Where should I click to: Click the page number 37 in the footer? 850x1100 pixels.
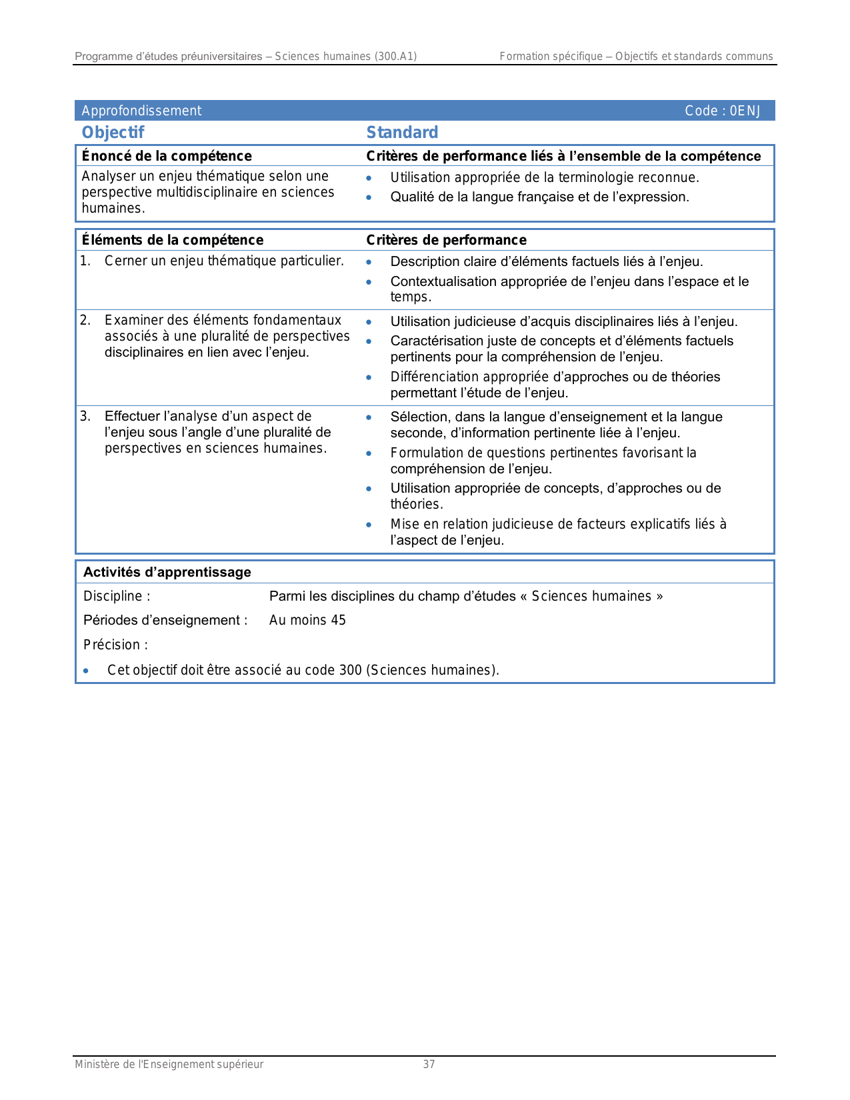tap(429, 1064)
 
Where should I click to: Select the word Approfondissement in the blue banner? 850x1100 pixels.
tap(141, 111)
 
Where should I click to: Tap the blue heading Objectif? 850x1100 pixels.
tap(113, 132)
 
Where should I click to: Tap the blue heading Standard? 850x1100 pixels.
tap(402, 132)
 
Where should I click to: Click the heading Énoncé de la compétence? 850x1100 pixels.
tap(167, 156)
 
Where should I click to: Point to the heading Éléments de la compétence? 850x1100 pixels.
tap(172, 240)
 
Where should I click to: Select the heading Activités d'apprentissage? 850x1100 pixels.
tap(167, 572)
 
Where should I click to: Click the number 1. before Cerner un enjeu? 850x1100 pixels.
tap(85, 261)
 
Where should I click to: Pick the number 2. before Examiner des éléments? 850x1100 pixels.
tap(85, 320)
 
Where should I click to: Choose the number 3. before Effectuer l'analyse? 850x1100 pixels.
tap(85, 416)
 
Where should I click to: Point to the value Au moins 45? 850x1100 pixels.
tap(307, 620)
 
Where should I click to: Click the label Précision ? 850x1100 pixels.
tap(115, 645)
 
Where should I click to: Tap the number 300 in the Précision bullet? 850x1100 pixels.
tap(350, 670)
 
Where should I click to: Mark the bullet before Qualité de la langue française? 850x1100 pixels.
tap(369, 197)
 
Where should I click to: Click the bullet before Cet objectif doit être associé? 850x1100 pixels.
tap(85, 670)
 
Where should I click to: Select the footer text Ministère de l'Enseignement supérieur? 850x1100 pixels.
tap(169, 1064)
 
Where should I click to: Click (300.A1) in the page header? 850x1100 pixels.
tap(395, 56)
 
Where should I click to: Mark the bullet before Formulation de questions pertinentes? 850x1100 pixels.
tap(369, 453)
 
